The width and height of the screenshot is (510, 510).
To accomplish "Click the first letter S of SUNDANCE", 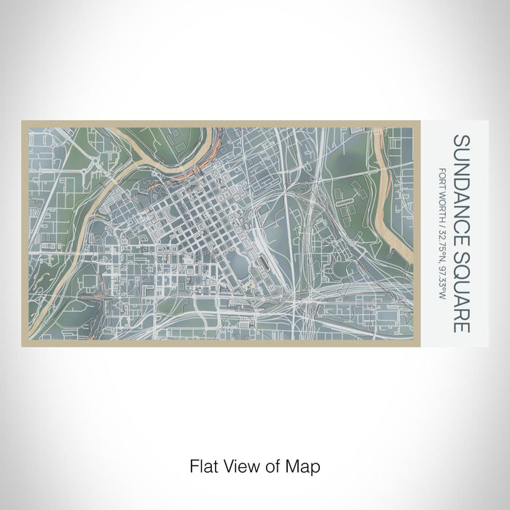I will click(x=461, y=140).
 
